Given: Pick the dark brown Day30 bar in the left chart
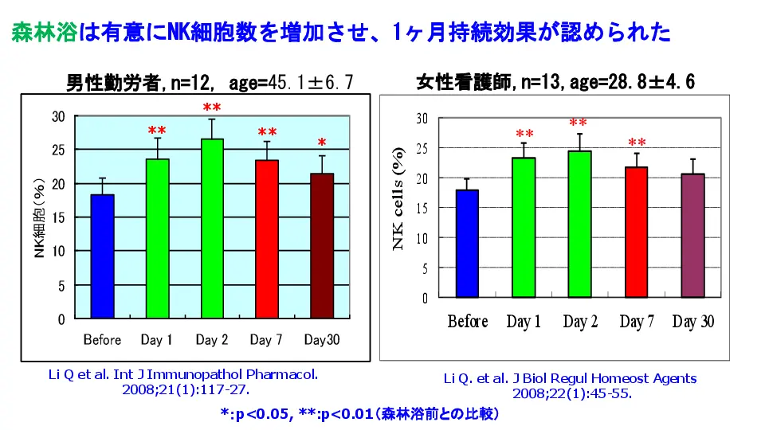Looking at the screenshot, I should point(321,246).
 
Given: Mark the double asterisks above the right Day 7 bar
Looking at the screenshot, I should point(637,143).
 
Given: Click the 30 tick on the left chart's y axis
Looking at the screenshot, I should point(58,116).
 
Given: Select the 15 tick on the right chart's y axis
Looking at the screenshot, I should point(421,208).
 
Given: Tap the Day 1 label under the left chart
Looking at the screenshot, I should point(157,340).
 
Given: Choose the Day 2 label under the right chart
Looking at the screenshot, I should point(580,322).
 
